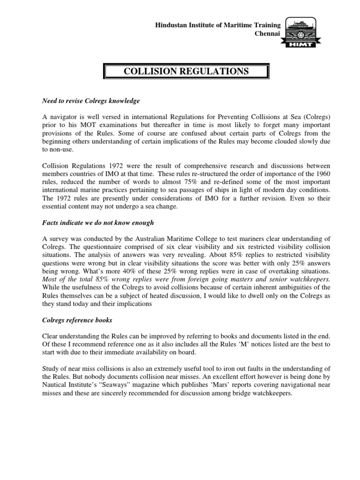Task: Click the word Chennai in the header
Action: pos(267,33)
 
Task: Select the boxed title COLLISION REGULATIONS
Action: pos(186,72)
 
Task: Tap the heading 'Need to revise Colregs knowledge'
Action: pos(91,101)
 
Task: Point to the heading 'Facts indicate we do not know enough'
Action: pos(98,223)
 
